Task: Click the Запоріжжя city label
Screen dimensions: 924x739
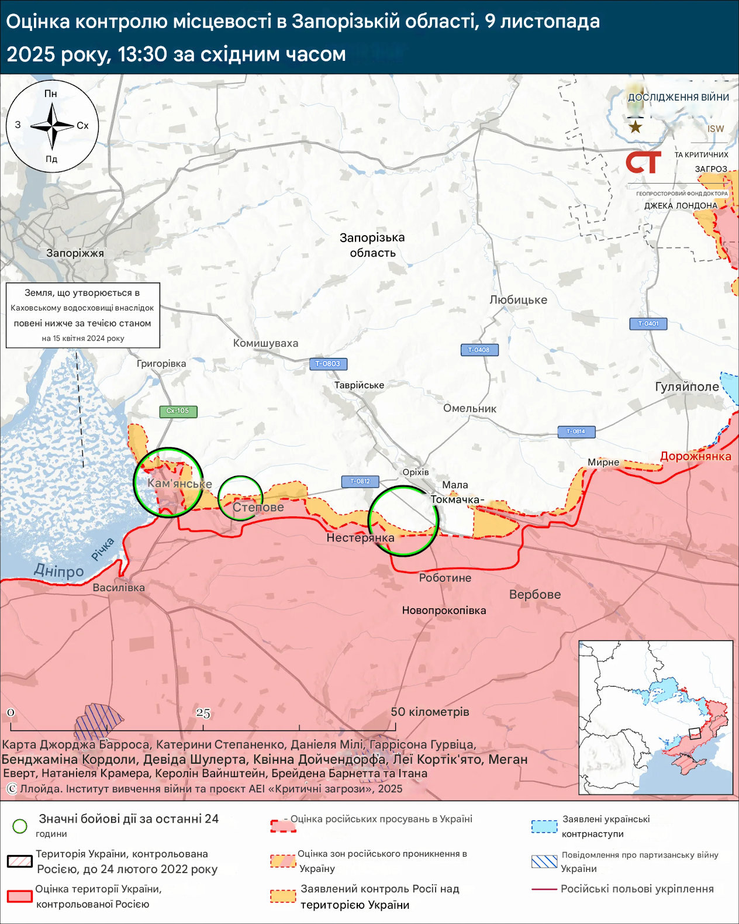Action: pyautogui.click(x=75, y=253)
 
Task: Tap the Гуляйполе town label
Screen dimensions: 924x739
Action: pyautogui.click(x=686, y=387)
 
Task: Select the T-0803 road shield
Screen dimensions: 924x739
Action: pyautogui.click(x=328, y=364)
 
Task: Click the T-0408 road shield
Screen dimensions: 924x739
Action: pyautogui.click(x=479, y=350)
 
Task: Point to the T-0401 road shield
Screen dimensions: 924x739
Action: pyautogui.click(x=648, y=323)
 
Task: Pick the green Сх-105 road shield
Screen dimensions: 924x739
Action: pyautogui.click(x=178, y=411)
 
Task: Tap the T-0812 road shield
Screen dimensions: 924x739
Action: pyautogui.click(x=360, y=481)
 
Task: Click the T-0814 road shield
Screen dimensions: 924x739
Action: pyautogui.click(x=575, y=432)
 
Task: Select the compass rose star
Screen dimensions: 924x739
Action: pyautogui.click(x=52, y=126)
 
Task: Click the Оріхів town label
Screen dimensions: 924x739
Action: pyautogui.click(x=416, y=472)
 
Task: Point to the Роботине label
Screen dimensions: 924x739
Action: pyautogui.click(x=445, y=578)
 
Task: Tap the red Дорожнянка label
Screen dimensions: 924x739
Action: pyautogui.click(x=696, y=456)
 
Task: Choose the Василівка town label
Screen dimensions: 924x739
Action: pyautogui.click(x=119, y=588)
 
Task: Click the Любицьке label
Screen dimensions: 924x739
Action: pyautogui.click(x=518, y=300)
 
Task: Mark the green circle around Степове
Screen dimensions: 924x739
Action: pyautogui.click(x=240, y=498)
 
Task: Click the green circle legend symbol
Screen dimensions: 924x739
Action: pyautogui.click(x=20, y=826)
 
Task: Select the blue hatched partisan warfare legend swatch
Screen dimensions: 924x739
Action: pyautogui.click(x=544, y=861)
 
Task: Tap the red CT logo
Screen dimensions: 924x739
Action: pyautogui.click(x=643, y=162)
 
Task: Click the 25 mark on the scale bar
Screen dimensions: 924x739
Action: pyautogui.click(x=203, y=713)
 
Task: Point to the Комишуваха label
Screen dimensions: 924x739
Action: pyautogui.click(x=265, y=343)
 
